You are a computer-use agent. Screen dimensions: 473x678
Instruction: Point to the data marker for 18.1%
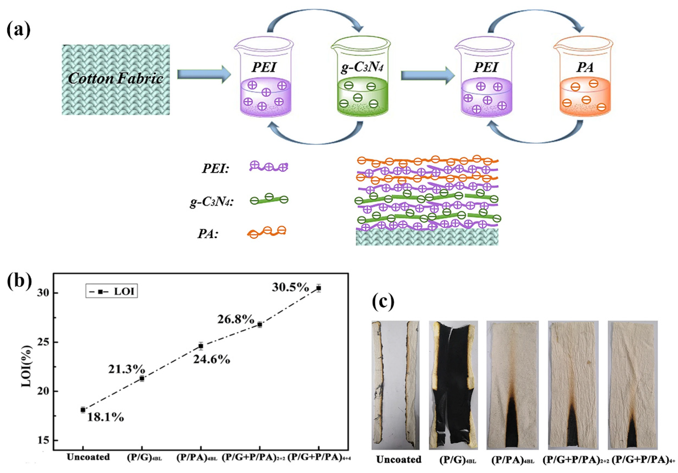tap(83, 410)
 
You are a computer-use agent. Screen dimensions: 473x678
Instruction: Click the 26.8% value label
tap(236, 319)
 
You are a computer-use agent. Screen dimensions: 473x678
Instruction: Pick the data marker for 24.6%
tap(201, 346)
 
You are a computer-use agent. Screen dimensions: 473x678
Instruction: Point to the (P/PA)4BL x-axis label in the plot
tap(197, 458)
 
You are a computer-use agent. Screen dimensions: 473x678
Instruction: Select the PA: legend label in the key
tap(208, 234)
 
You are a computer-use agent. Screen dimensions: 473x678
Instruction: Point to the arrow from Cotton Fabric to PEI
tap(204, 74)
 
